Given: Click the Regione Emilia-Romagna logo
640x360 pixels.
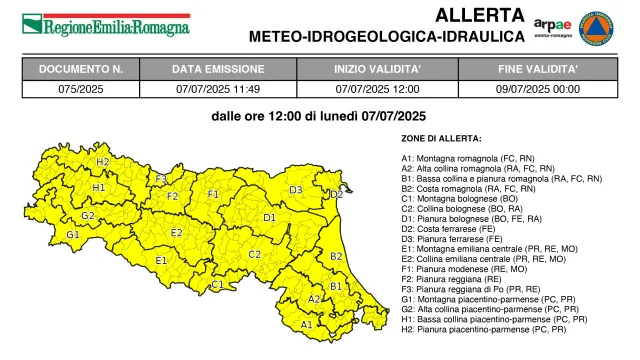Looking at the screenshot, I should pos(105,23).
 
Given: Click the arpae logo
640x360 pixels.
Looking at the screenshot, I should pos(553,25).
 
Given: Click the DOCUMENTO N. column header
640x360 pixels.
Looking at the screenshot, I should pos(81,70).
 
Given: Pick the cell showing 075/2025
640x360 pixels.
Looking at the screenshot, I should pos(81,89).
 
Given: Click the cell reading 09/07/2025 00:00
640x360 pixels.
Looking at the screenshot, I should pos(538,89).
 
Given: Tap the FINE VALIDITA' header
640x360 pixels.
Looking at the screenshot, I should pos(538,70).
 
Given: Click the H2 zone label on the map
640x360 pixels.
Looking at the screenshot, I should pos(102,161).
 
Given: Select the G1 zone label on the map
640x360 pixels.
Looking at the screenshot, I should pos(72,235).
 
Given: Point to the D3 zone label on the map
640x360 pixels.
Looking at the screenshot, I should pos(296,189).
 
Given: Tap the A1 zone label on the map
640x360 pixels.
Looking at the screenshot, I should pos(307,324).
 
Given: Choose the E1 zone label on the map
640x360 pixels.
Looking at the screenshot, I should pos(161,260).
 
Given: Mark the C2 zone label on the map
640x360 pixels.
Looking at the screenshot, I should pos(255,254).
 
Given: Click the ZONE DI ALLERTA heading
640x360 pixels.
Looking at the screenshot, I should pos(441,137).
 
